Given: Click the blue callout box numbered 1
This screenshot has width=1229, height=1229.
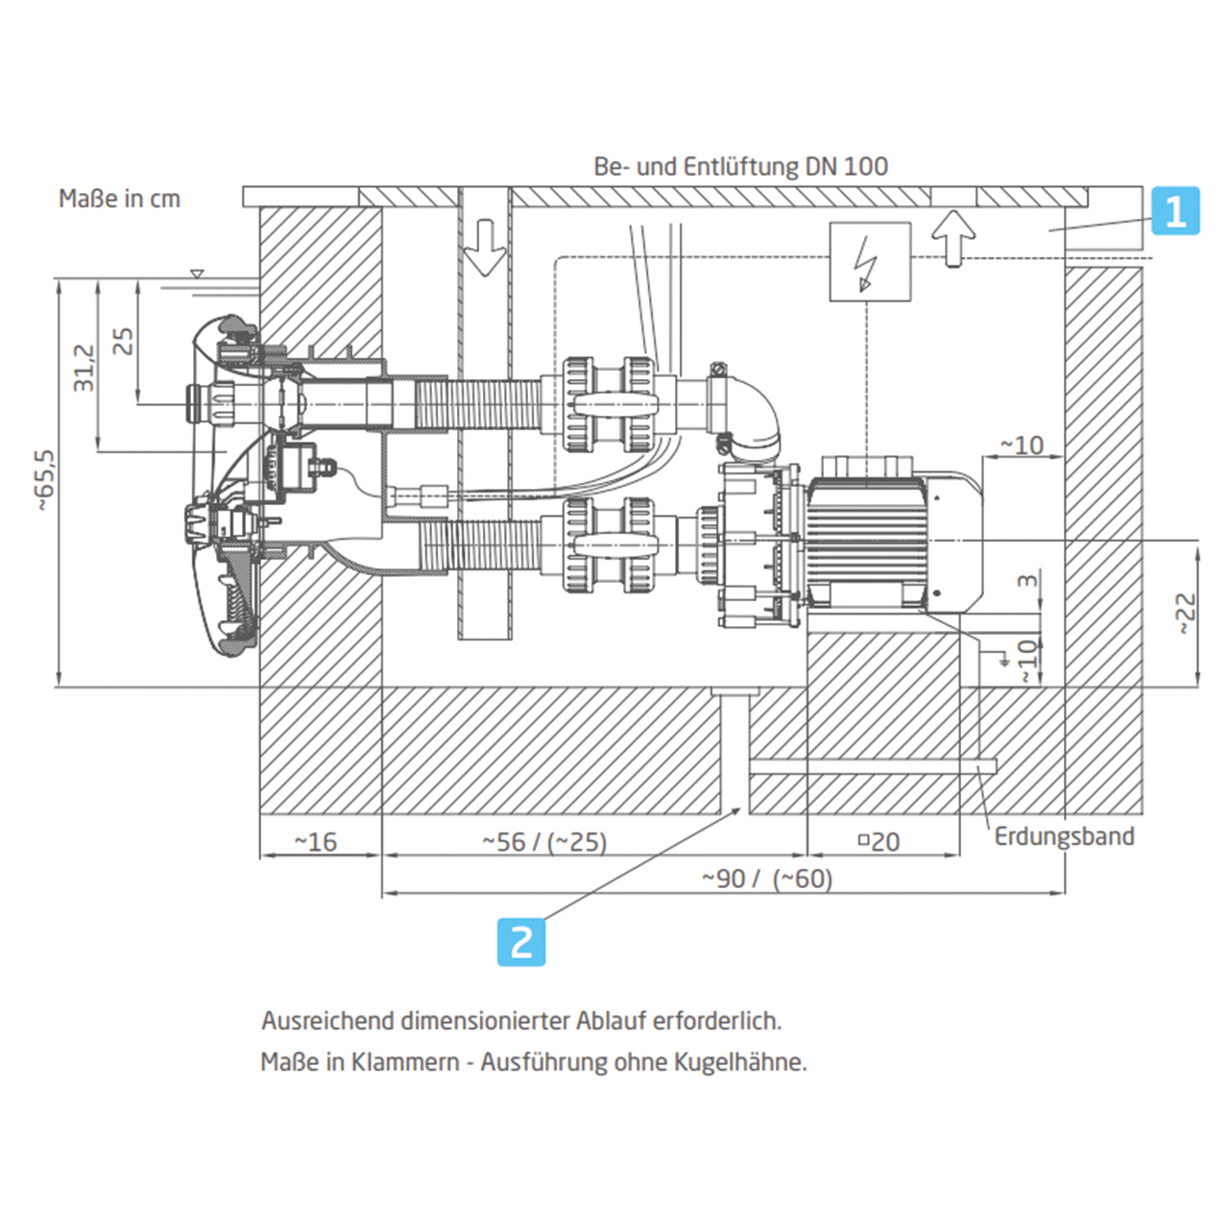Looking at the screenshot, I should click(1175, 210).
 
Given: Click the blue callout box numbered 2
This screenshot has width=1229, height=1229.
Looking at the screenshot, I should click(521, 941).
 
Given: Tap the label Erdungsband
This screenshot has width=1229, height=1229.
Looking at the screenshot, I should click(1064, 836).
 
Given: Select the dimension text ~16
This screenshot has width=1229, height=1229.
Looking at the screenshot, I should click(316, 842).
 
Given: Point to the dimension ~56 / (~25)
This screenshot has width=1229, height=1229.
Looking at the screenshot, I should click(544, 842).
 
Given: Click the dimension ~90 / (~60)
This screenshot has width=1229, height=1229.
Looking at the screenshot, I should click(766, 879).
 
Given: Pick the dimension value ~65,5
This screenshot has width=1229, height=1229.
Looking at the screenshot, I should click(45, 480).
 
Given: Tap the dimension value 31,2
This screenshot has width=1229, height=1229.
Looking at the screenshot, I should click(84, 368).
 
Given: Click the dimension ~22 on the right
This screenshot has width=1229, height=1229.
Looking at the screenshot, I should click(1187, 613).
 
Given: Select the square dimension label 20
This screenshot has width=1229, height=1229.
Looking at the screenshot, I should click(879, 842).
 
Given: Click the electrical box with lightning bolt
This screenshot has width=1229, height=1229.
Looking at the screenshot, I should click(870, 261).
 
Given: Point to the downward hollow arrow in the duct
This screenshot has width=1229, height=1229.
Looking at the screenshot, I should click(485, 247).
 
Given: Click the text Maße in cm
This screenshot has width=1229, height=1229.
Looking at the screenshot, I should click(119, 199).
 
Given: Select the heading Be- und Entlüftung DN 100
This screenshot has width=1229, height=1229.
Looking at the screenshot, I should click(740, 166).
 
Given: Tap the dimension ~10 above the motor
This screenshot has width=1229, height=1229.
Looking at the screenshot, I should click(1022, 446).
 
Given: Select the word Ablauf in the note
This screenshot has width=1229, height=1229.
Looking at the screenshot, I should click(611, 1020).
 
